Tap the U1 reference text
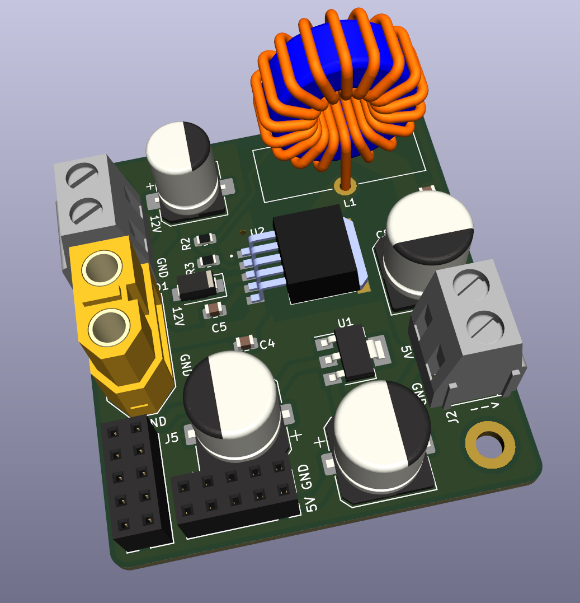(x=345, y=322)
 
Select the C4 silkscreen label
(x=268, y=344)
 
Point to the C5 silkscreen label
(x=219, y=326)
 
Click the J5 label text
(x=172, y=438)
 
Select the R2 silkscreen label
(x=187, y=243)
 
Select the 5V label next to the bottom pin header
(x=312, y=504)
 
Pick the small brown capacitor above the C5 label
(x=214, y=308)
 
